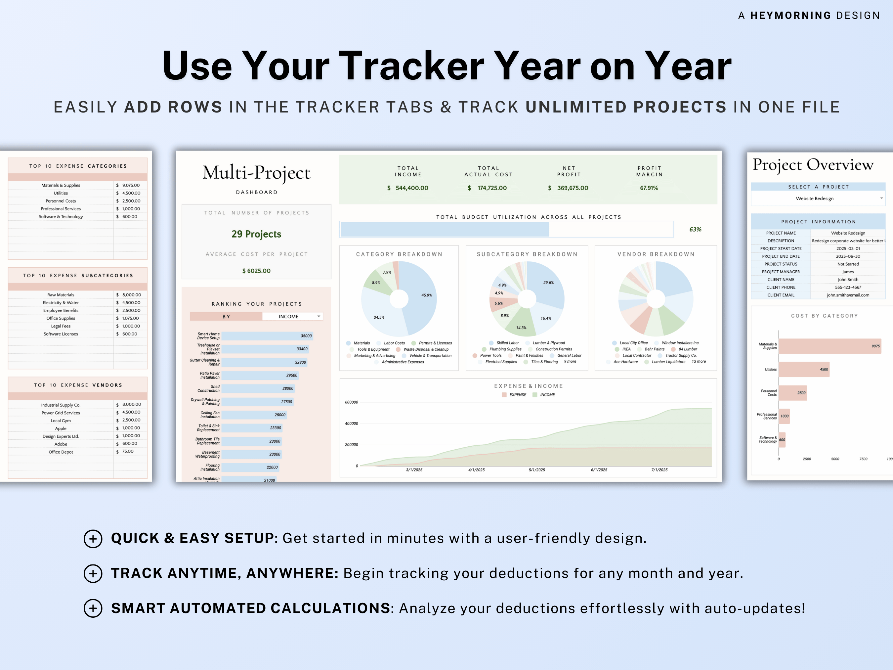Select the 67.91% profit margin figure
(x=649, y=188)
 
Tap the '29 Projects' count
(x=256, y=234)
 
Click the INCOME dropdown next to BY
(x=292, y=316)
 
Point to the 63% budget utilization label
(x=695, y=229)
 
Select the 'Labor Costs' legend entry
(x=394, y=343)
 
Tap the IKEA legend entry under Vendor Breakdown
(x=626, y=349)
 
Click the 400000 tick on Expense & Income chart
(x=351, y=423)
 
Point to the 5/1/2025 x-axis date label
(x=536, y=470)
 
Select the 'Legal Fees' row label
(x=61, y=326)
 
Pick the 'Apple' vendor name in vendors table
(x=61, y=428)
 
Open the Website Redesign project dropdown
(x=818, y=198)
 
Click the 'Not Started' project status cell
(x=848, y=264)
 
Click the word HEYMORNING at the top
(x=790, y=15)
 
